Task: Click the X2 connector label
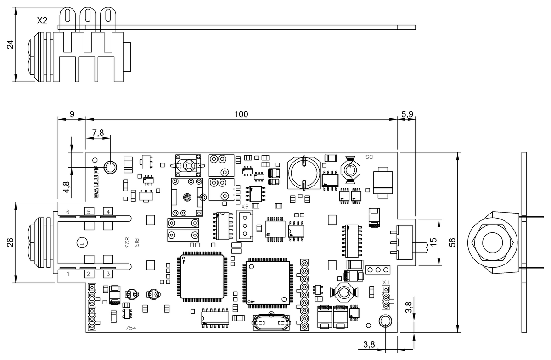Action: click(x=42, y=21)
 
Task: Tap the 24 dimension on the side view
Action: click(x=11, y=45)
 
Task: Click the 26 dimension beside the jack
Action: click(x=11, y=242)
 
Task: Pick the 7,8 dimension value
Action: click(x=98, y=133)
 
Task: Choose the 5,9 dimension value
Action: click(x=407, y=114)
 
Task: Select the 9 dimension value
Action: click(x=72, y=114)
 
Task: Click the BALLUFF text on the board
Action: click(x=96, y=181)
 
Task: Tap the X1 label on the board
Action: click(x=386, y=282)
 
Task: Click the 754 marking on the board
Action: click(x=131, y=328)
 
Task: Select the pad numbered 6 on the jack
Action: click(x=68, y=212)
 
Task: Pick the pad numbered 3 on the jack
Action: click(x=108, y=274)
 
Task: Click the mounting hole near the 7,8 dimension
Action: click(x=111, y=167)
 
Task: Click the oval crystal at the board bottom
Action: click(x=271, y=323)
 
